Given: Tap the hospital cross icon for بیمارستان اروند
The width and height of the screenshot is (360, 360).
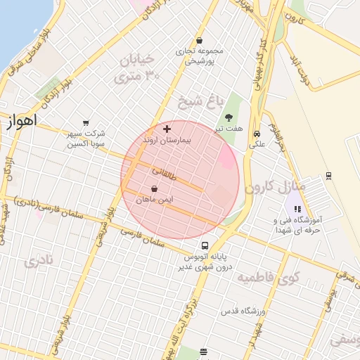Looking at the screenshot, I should [x=167, y=129].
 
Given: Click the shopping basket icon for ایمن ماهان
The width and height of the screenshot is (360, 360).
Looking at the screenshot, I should [x=154, y=188].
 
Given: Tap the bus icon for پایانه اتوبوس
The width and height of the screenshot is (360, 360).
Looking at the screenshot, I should [x=205, y=246].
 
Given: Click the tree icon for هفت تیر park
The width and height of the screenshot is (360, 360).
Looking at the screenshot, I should [x=229, y=117].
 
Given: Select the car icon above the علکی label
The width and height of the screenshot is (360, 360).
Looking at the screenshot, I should [x=257, y=134].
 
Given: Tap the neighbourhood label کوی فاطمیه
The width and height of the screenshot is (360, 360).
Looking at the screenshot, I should [x=268, y=279].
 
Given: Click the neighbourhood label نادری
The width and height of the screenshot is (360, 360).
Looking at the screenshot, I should [x=38, y=263].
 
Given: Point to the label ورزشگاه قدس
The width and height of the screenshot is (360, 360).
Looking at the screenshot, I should [x=243, y=310].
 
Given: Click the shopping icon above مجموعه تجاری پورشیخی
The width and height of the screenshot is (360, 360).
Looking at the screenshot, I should [x=200, y=40].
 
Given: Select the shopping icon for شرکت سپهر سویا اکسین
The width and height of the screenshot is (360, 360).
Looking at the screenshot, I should [x=86, y=123].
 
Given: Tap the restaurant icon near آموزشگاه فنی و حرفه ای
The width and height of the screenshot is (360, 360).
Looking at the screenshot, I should [x=297, y=209].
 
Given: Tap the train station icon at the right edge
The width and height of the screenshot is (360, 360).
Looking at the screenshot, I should [x=328, y=176].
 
